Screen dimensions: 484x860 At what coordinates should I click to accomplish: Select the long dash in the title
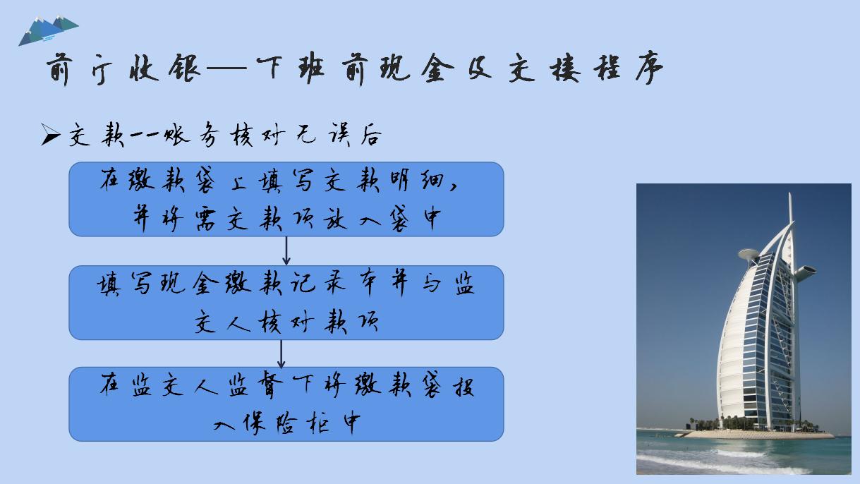pyautogui.click(x=225, y=70)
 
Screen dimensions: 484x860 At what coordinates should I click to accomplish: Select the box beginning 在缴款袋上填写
pyautogui.click(x=286, y=199)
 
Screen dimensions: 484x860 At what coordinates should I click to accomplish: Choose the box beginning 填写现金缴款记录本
pyautogui.click(x=286, y=303)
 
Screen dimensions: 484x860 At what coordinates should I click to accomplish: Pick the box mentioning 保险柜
pyautogui.click(x=286, y=404)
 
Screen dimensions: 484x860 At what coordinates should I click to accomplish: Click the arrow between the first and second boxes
pyautogui.click(x=286, y=251)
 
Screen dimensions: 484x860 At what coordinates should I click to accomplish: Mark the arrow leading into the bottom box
pyautogui.click(x=281, y=353)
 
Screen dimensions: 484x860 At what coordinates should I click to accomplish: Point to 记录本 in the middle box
pyautogui.click(x=331, y=285)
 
